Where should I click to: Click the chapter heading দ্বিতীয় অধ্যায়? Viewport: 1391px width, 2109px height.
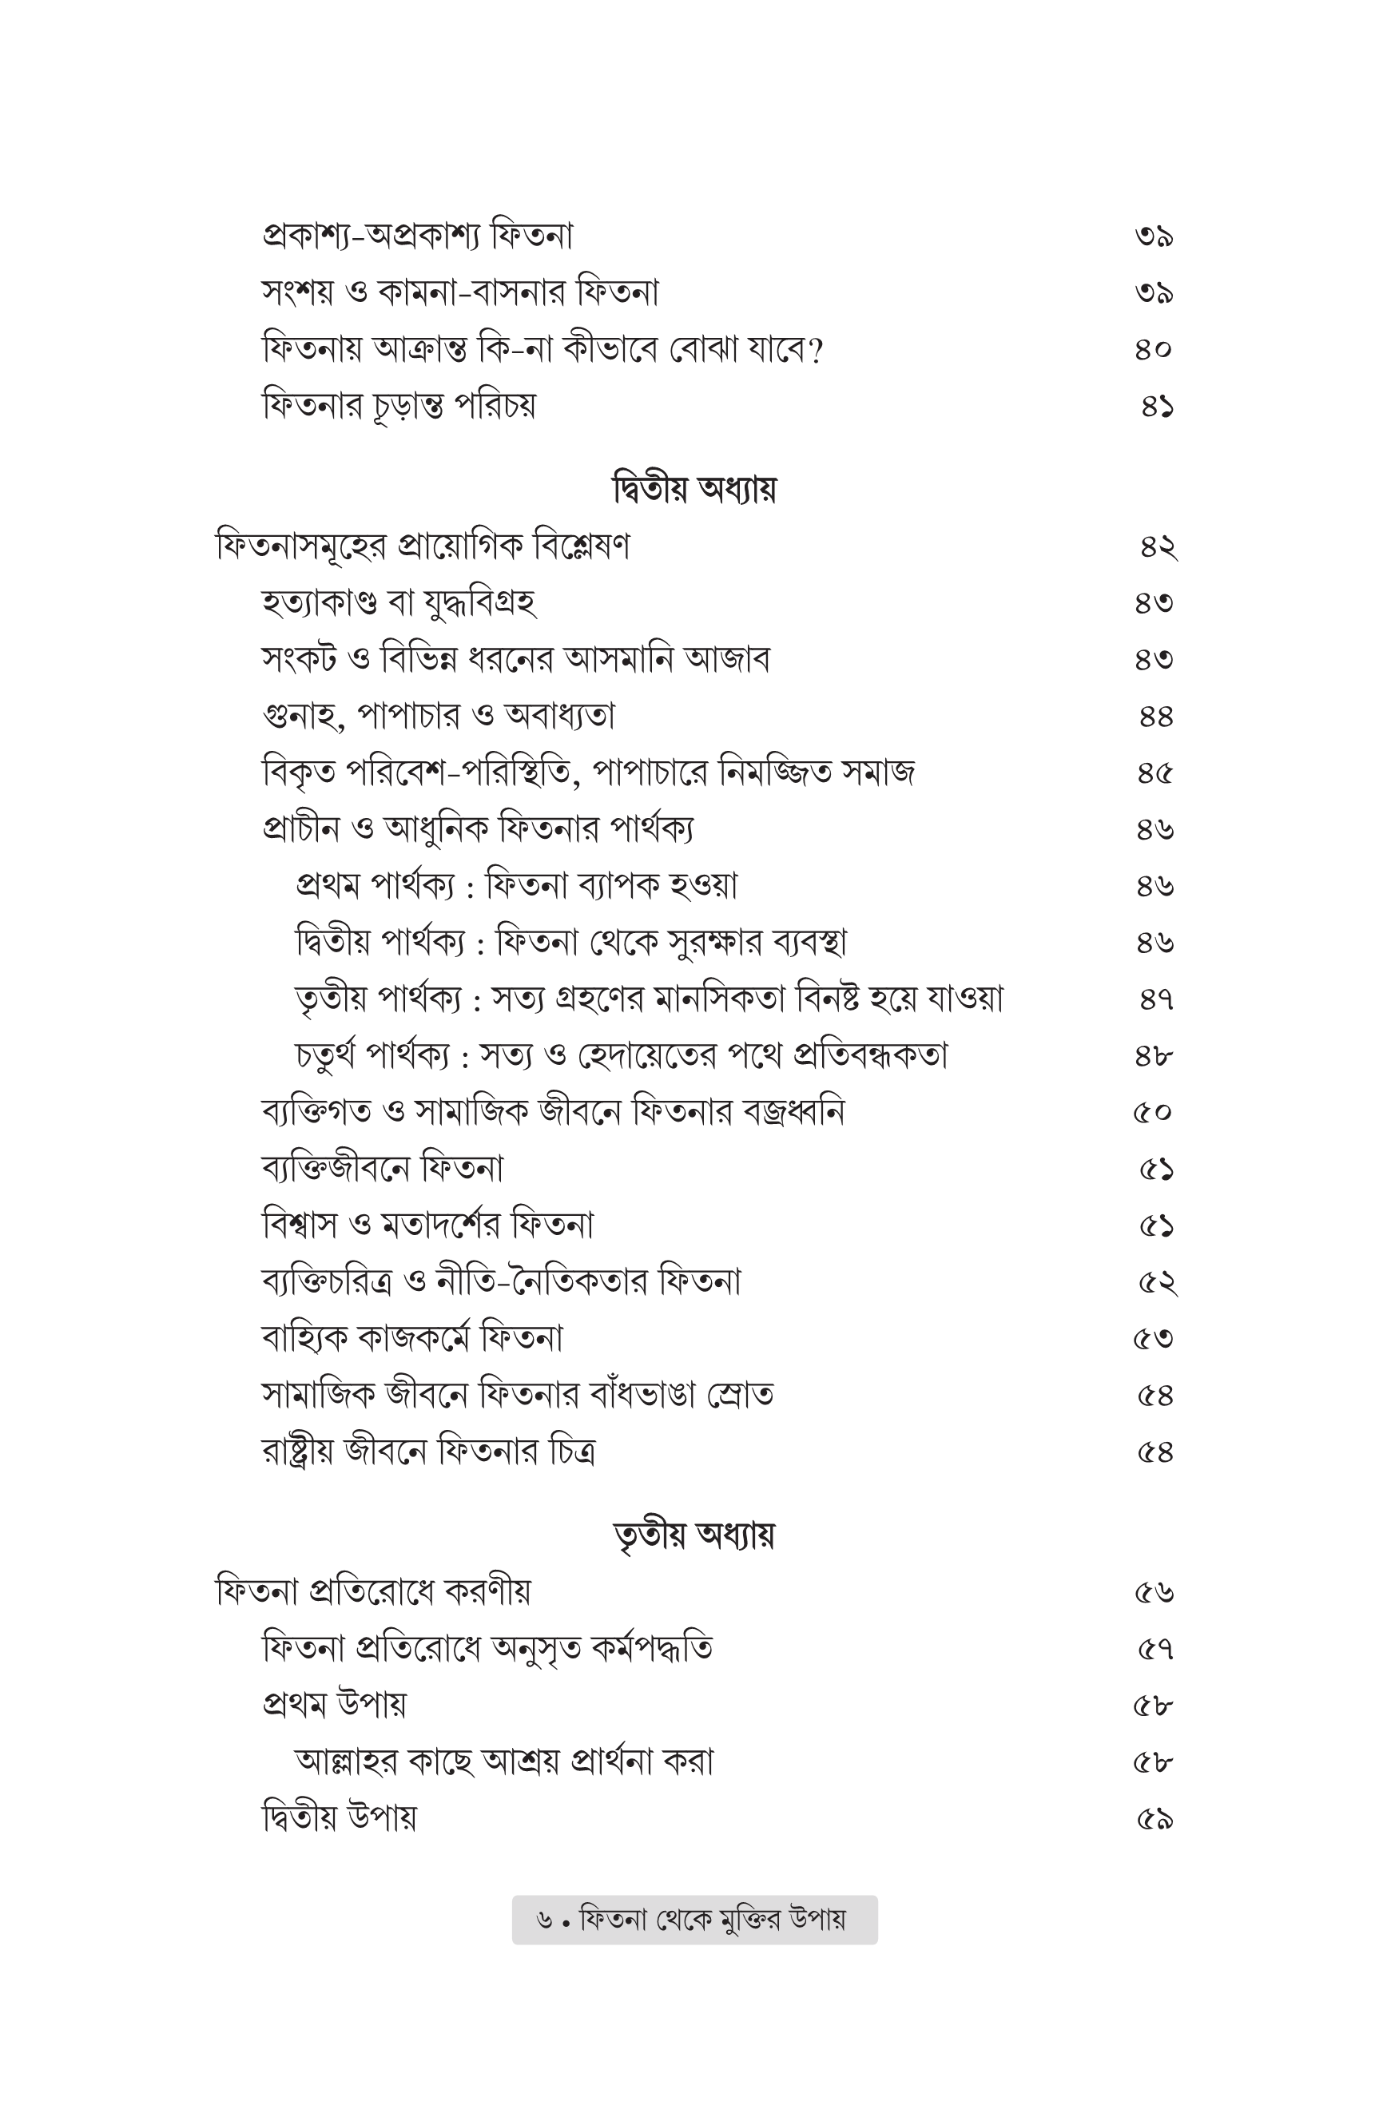point(694,489)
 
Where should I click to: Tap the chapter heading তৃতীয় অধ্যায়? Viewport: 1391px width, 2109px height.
point(694,1535)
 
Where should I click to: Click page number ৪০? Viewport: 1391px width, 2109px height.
point(1153,349)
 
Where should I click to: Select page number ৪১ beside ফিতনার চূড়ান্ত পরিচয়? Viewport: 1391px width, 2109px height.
point(1157,406)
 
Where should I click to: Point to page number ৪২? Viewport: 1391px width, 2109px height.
point(1158,546)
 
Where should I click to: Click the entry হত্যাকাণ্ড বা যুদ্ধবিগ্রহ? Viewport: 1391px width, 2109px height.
point(399,603)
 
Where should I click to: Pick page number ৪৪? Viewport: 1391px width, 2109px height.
point(1156,716)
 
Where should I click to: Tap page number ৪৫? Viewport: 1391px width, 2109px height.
point(1155,773)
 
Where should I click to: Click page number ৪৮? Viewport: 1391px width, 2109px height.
point(1155,1055)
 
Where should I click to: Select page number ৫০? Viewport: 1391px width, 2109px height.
point(1152,1112)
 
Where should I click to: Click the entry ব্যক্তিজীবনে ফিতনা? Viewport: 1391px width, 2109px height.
point(383,1168)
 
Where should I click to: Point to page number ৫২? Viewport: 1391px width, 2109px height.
point(1157,1281)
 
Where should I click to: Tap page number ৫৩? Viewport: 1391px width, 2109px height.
point(1153,1338)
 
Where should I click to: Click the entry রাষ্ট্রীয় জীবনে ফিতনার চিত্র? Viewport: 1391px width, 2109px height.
point(428,1452)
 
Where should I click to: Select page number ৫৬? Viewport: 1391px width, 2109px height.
point(1155,1593)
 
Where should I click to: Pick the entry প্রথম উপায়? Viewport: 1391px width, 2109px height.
point(335,1705)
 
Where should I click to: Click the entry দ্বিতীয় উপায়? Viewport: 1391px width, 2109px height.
point(339,1818)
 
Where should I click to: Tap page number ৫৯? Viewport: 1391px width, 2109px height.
point(1155,1819)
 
